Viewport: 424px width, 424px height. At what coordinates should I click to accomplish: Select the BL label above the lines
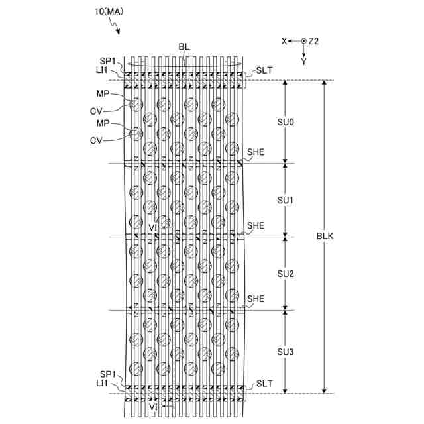pos(184,47)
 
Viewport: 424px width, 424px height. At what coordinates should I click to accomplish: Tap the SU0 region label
pos(286,122)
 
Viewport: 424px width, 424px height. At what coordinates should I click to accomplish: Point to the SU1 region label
pos(286,199)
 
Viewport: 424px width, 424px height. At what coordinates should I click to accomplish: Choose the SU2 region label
pos(286,273)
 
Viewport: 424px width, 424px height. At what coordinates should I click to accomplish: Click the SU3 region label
pos(286,350)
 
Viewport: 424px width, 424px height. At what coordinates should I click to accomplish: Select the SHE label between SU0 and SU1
pos(256,152)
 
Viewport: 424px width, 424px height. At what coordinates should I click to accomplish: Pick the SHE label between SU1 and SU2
pos(256,225)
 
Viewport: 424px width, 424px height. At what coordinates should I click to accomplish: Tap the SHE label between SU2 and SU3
pos(256,299)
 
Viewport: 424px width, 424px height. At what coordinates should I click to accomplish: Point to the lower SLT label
pos(265,384)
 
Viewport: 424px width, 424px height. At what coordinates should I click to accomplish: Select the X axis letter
pos(284,41)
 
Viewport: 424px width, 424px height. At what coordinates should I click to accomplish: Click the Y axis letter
pos(303,60)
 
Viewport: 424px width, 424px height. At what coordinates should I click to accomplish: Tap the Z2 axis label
pos(314,41)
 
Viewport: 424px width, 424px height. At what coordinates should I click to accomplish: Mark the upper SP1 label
pos(108,60)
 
